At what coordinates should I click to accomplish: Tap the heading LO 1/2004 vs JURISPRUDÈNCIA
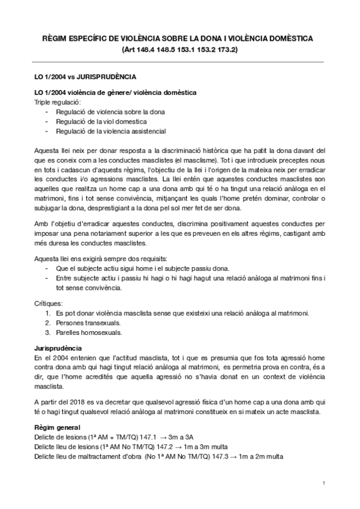click(x=84, y=77)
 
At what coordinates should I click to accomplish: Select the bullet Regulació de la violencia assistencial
click(x=111, y=131)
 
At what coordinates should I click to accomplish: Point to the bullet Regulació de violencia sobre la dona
click(x=110, y=112)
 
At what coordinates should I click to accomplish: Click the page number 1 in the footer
click(x=323, y=483)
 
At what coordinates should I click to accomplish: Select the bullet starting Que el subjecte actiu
click(x=141, y=268)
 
